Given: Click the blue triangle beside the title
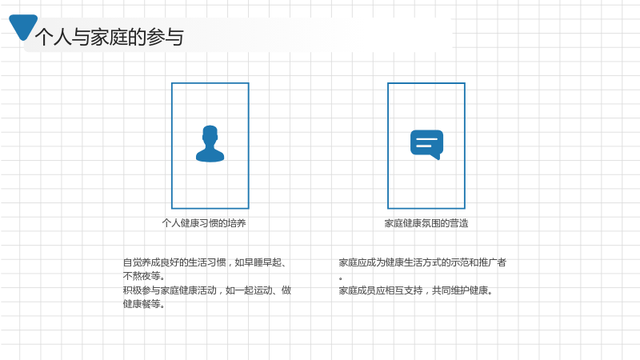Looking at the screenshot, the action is coord(23,26).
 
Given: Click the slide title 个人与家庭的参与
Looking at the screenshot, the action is coord(110,37).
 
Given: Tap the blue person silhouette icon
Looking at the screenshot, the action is coord(210,144).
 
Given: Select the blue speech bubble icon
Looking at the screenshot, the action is coord(426,145).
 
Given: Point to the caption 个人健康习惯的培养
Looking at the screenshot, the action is coord(204,223).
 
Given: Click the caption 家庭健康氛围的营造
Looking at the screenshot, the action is coord(426,223).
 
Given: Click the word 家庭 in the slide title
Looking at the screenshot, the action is coord(109,37).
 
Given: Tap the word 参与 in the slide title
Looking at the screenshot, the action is coord(166,37).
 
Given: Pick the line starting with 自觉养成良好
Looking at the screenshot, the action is coord(204,262).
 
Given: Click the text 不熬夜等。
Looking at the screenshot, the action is coord(144,276).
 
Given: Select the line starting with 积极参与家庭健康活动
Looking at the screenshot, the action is coord(207,290).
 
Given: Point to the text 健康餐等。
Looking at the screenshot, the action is coord(144,304).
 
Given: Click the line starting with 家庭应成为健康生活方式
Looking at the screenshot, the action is coord(422,262).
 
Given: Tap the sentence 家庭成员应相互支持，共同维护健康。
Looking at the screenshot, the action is coord(416,290).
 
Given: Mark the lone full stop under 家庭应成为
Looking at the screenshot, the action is coord(341,278).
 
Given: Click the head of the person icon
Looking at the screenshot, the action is coord(210,134).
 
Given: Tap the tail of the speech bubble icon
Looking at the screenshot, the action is coord(436,156).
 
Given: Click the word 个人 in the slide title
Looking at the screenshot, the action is coord(54,37).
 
